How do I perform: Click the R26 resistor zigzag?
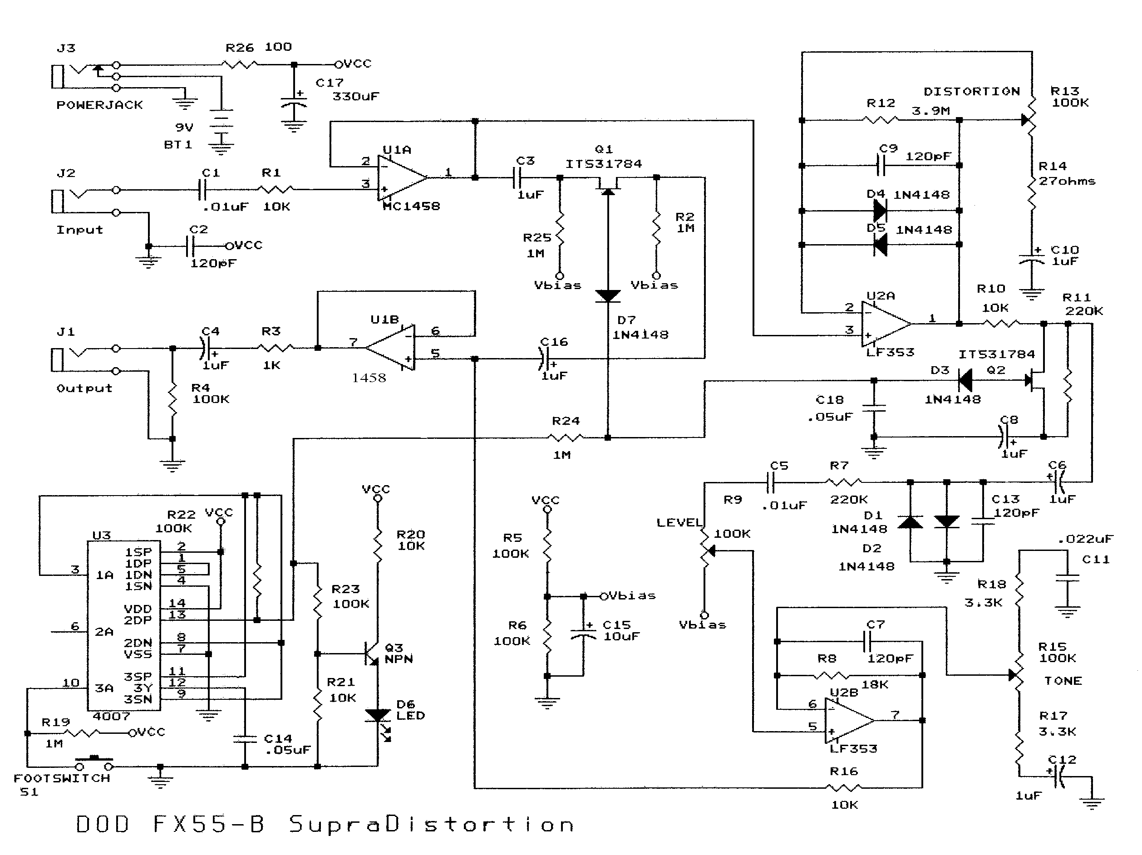click(239, 64)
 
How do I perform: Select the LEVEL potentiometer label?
click(679, 522)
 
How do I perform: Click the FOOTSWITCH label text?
click(62, 778)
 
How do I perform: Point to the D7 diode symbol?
click(608, 296)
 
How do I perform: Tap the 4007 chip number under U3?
click(111, 716)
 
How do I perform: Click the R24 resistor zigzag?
click(566, 438)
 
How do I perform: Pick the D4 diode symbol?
click(880, 210)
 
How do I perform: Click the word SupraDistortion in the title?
click(431, 825)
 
